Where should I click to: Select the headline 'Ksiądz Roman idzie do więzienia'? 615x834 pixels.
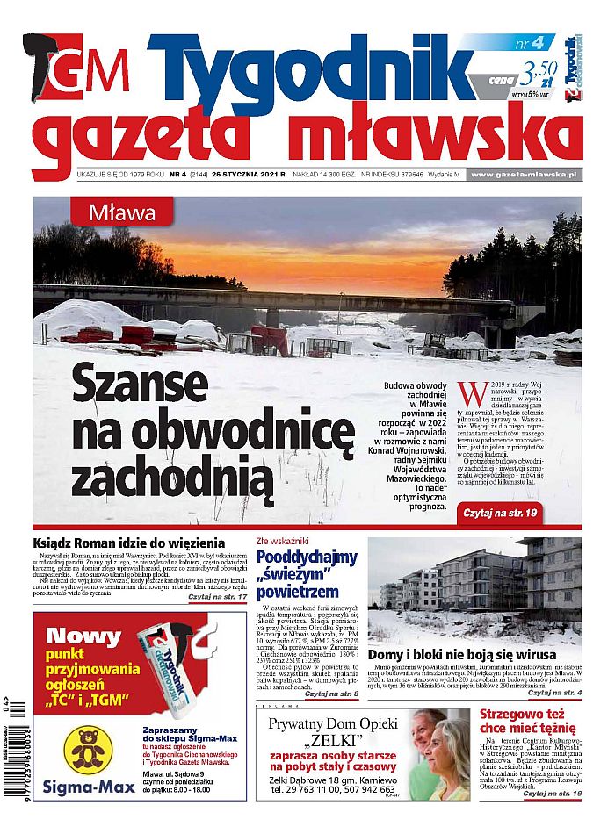pyautogui.click(x=128, y=543)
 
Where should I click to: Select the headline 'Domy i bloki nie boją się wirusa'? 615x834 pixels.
pyautogui.click(x=462, y=655)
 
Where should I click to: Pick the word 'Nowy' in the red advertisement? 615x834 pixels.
pyautogui.click(x=83, y=636)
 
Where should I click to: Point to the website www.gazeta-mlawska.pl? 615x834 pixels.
pyautogui.click(x=534, y=174)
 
